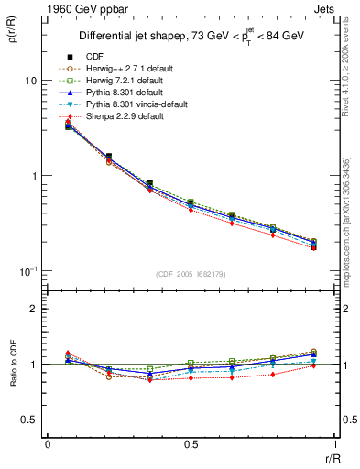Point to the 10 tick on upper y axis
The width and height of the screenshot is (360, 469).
[x=30, y=81]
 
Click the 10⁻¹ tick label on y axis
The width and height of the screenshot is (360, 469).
[x=27, y=271]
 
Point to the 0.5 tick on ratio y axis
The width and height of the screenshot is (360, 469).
[x=29, y=420]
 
